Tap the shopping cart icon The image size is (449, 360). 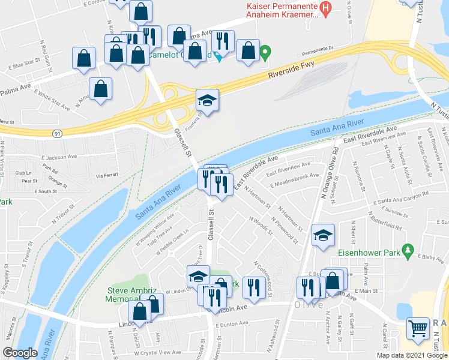tap(418, 329)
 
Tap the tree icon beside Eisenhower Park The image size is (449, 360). tap(409, 248)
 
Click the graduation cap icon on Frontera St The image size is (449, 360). tap(208, 100)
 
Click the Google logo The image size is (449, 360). tap(20, 353)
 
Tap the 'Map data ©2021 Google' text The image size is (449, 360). tap(412, 355)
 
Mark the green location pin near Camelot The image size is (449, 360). tap(265, 54)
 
